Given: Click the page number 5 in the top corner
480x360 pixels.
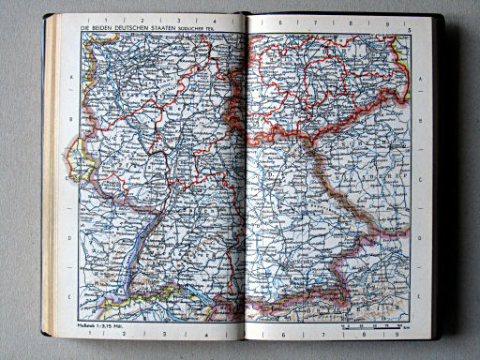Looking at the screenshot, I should point(412,30).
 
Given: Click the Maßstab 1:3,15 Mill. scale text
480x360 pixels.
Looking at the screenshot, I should point(93,326).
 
